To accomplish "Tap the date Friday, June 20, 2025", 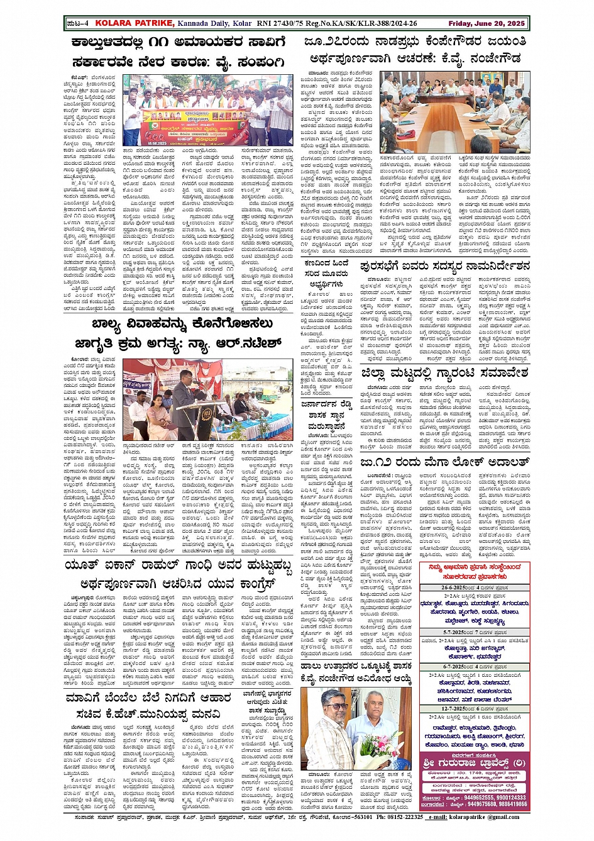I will [x=487, y=23].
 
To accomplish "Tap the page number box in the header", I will [x=79, y=23].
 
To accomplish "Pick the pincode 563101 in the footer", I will [x=358, y=817].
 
